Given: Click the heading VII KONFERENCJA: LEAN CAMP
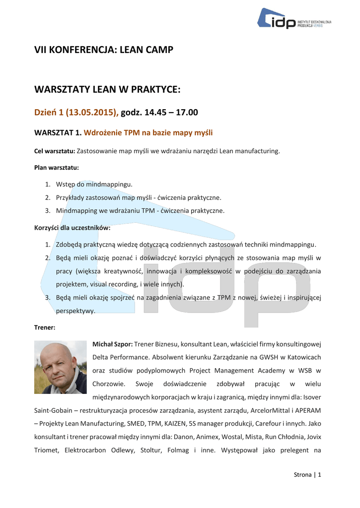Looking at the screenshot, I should point(103,50).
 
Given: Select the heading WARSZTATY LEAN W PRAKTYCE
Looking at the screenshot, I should point(107,89).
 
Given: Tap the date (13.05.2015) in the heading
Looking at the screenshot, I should point(93,113).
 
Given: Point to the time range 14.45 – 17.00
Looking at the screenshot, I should point(170,113).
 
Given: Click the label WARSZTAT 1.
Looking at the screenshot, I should point(57,132).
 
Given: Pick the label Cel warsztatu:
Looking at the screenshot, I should point(55,151).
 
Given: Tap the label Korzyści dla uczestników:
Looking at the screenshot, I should point(72,228).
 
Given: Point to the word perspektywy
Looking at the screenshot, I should point(75,311).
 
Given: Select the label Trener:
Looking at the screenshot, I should point(45,327).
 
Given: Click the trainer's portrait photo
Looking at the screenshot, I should point(60,367).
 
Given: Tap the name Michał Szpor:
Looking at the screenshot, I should point(112,344).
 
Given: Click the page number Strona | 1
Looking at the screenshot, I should point(307,475).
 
